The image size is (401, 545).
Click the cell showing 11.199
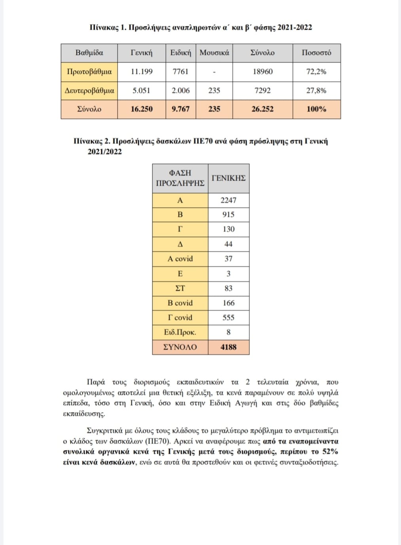coord(141,72)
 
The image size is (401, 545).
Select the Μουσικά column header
coord(214,53)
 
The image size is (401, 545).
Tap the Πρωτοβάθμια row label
coord(89,72)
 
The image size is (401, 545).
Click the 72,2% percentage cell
coord(316,72)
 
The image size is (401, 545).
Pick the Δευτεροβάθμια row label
coord(89,91)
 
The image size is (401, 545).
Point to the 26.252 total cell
coord(262,109)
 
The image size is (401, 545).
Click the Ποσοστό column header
coord(316,53)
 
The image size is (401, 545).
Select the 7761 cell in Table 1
coord(180,72)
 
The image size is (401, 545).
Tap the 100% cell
coord(316,109)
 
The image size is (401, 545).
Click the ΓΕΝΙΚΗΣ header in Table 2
coord(229,178)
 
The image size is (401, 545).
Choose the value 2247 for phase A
coord(228,200)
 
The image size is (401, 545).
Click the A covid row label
coord(180,259)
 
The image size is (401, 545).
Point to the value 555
coord(228,318)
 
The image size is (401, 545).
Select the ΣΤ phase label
coord(180,288)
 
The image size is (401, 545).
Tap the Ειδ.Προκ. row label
coord(180,332)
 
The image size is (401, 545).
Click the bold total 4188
coord(228,347)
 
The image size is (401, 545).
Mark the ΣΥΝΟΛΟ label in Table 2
coord(180,347)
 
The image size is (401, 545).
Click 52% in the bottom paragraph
coord(330,452)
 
